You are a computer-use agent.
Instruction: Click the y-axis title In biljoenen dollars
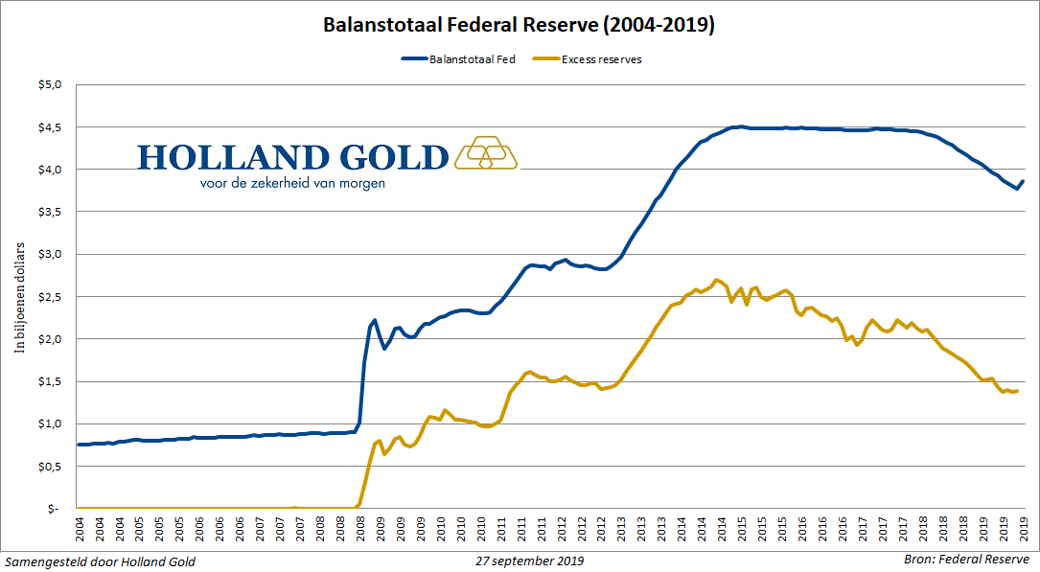[19, 296]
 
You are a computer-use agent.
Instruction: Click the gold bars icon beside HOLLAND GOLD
[486, 152]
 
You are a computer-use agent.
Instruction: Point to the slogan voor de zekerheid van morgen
[292, 182]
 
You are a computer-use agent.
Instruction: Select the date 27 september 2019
[529, 561]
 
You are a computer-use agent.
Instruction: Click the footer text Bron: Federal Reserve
[965, 560]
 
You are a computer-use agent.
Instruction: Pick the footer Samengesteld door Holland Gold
[101, 561]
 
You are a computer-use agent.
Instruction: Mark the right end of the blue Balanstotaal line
[1023, 181]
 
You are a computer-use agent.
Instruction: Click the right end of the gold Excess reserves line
[1016, 390]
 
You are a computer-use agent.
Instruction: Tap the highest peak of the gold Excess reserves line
[716, 280]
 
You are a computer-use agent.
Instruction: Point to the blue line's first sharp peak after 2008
[374, 320]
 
